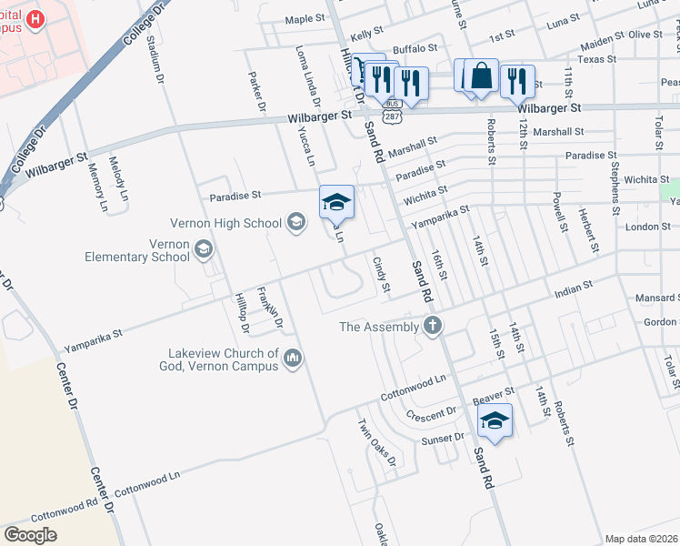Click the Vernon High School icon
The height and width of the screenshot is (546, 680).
coord(295,222)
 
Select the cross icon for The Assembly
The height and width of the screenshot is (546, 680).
coord(433,326)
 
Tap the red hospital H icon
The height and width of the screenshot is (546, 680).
coord(35,19)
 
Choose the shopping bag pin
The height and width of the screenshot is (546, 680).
coord(483,76)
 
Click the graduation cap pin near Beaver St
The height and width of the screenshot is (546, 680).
coord(495,421)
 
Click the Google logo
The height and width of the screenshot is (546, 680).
coord(30,535)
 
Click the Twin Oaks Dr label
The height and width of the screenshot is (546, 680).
coord(378,440)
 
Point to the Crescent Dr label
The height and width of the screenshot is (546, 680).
coord(432,412)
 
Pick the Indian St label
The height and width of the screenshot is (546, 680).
coord(574,287)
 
